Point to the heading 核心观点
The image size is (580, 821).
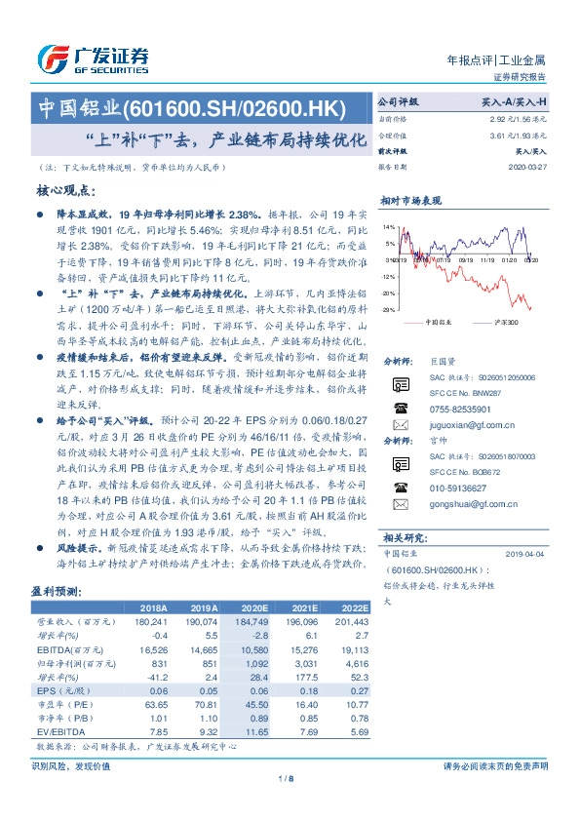66,190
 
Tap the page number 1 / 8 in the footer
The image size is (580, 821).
286,777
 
